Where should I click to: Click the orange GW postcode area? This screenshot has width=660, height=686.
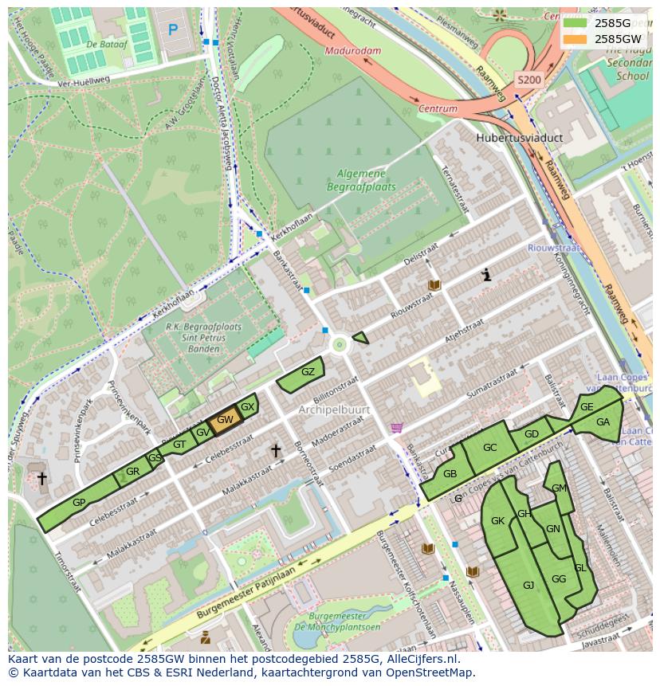(x=225, y=420)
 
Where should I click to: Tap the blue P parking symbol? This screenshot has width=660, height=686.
(x=173, y=29)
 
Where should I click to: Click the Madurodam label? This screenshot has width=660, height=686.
(x=353, y=51)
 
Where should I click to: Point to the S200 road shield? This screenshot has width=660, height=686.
(x=528, y=80)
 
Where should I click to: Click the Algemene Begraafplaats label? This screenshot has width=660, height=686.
(x=361, y=180)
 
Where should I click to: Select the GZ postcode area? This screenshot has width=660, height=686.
(x=308, y=372)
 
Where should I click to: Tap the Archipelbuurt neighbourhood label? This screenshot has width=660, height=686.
(x=331, y=409)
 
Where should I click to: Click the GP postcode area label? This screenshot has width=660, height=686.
(x=79, y=503)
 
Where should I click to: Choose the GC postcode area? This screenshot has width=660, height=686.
(x=489, y=448)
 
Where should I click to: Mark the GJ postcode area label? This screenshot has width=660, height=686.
(x=528, y=585)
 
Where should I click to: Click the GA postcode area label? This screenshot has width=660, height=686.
(x=603, y=422)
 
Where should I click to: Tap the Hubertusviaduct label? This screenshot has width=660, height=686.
(x=519, y=138)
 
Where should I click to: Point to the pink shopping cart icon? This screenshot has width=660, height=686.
(x=396, y=428)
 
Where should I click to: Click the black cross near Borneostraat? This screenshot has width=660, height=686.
(x=276, y=451)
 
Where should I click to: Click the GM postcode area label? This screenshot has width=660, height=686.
(x=559, y=488)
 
